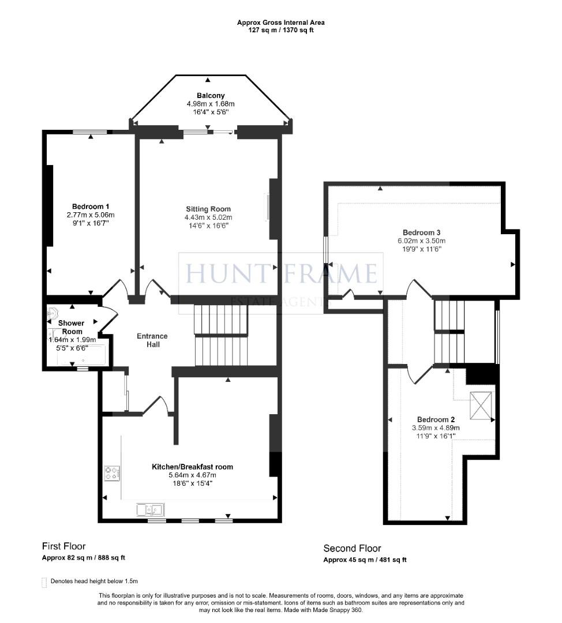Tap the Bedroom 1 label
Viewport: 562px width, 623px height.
(91, 207)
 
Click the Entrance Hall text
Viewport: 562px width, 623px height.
(152, 340)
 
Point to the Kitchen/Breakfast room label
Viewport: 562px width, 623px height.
(192, 467)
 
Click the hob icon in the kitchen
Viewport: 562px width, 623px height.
(111, 474)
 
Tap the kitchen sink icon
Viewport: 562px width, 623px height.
(151, 509)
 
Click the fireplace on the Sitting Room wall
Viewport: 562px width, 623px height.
(268, 207)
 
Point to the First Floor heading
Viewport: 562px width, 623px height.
(63, 546)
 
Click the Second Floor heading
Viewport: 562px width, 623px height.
(352, 549)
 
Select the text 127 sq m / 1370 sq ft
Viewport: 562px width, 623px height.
(281, 30)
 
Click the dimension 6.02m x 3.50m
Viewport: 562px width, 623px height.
(421, 241)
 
